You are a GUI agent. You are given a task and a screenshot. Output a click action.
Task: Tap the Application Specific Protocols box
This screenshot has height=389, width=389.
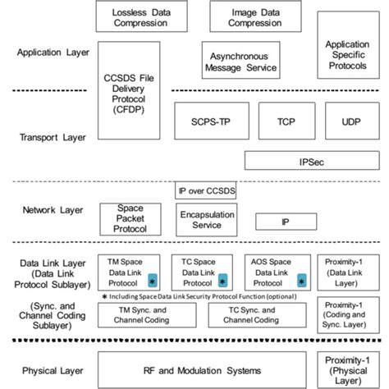point(346,54)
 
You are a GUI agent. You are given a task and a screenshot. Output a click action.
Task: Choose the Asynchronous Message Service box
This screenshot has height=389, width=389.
point(240,62)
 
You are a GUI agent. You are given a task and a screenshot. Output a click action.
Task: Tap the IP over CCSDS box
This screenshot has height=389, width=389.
point(205,192)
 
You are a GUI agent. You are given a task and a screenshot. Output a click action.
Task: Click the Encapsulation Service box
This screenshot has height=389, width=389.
point(205,218)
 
